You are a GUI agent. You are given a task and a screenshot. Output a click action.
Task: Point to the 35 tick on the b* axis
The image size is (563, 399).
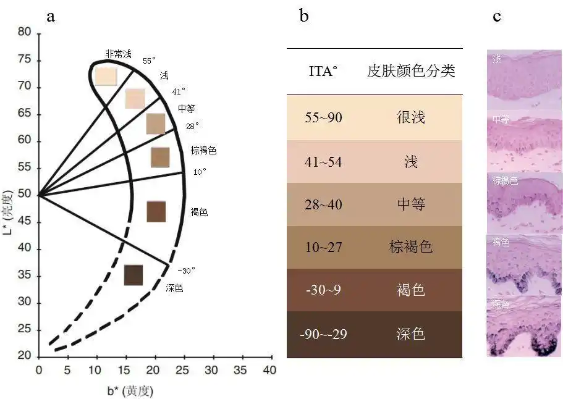240,369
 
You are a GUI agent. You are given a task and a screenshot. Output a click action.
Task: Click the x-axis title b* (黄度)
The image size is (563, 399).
130,390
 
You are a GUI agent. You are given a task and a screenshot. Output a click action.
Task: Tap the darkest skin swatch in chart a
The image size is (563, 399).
133,275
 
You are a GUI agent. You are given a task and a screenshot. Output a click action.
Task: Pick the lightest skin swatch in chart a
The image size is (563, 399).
106,75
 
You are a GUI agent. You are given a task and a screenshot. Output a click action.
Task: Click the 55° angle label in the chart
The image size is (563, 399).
149,61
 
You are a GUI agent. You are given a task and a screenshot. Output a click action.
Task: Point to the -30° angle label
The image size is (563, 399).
186,270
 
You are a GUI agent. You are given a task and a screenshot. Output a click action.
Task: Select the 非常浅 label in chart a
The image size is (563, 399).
118,54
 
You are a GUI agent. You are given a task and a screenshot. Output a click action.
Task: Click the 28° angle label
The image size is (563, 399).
192,126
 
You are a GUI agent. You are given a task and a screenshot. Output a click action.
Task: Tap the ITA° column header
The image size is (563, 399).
323,71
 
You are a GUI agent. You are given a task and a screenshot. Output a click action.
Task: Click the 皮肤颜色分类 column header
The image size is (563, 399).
411,71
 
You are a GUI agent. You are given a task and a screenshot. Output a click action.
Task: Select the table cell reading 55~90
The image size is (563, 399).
323,117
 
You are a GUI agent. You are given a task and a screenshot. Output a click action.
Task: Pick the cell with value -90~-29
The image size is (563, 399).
323,335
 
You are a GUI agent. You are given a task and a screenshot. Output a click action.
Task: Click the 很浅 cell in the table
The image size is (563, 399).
411,117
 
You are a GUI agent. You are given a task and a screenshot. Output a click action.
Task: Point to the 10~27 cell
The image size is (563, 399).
323,248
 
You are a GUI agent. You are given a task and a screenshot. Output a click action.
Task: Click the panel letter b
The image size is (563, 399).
303,16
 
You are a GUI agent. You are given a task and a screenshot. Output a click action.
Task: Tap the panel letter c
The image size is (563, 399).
497,16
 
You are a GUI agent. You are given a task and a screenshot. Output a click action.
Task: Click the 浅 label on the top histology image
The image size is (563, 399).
497,59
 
